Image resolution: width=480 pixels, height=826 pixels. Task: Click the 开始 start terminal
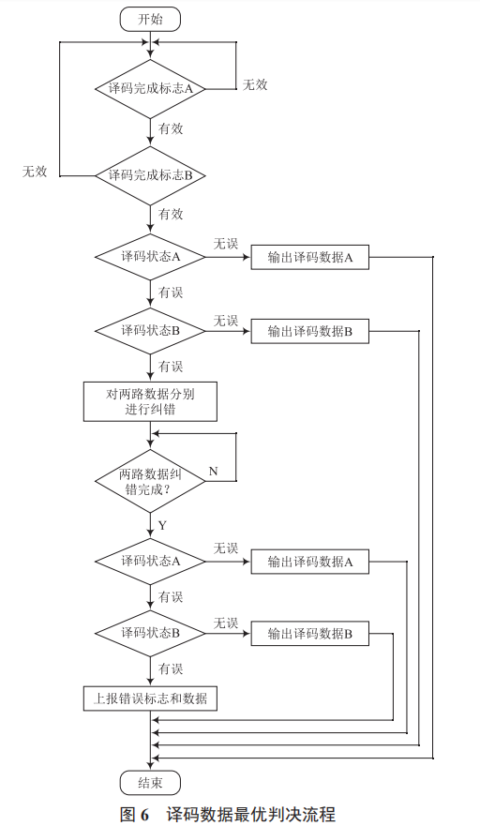(x=150, y=18)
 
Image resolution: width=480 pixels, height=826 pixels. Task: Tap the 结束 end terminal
(x=150, y=783)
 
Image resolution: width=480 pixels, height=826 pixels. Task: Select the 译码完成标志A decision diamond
(x=150, y=89)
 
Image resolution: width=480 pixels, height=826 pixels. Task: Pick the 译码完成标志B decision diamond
(x=150, y=175)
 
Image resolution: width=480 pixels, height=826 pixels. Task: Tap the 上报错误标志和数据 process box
(x=150, y=698)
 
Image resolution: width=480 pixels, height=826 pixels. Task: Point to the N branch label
(x=213, y=470)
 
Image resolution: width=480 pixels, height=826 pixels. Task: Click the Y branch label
(x=162, y=525)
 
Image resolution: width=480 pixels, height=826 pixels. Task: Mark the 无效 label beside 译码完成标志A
(x=255, y=84)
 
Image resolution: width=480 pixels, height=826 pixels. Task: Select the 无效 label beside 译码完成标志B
(x=35, y=171)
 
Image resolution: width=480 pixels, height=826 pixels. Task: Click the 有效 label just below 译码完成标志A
(x=171, y=128)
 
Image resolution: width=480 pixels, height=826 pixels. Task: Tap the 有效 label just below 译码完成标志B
(x=171, y=214)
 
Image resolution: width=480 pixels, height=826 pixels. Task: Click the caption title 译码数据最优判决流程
(x=250, y=812)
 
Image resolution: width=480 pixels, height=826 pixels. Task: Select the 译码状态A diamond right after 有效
(x=150, y=257)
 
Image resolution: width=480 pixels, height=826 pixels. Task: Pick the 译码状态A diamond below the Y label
(x=150, y=561)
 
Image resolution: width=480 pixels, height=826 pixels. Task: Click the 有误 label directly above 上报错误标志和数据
(x=171, y=668)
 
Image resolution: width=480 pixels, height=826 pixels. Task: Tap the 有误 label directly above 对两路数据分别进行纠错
(x=171, y=366)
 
